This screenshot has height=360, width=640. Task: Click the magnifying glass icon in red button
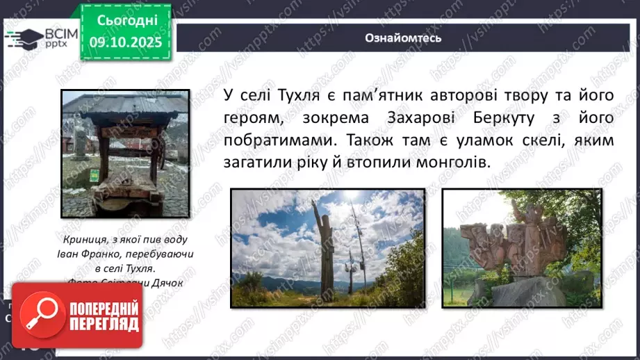39,314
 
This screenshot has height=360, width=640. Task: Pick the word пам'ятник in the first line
400,95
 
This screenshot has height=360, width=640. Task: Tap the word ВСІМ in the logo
60,33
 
